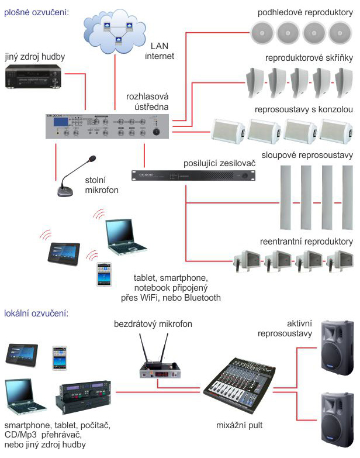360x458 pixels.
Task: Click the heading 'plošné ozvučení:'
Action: pyautogui.click(x=36, y=11)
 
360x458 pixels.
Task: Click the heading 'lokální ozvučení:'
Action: pyautogui.click(x=36, y=314)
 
